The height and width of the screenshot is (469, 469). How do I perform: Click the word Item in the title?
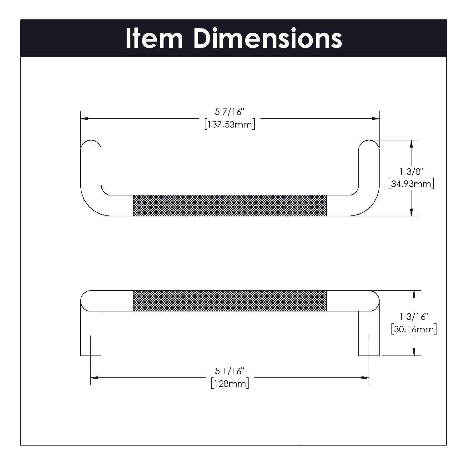click(154, 38)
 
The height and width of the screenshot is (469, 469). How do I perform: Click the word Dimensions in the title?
click(268, 38)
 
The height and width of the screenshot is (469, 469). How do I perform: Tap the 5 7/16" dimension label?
click(229, 112)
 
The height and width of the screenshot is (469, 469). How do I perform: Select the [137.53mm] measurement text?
click(229, 124)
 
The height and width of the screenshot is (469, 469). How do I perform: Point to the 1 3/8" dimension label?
click(411, 171)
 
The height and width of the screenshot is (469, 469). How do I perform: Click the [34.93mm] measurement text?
click(411, 184)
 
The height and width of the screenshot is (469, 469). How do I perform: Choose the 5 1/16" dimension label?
click(229, 371)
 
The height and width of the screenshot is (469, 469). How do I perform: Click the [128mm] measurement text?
click(229, 383)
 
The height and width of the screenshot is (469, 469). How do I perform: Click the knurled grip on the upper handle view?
click(229, 205)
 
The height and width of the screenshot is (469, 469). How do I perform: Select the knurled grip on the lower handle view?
click(229, 301)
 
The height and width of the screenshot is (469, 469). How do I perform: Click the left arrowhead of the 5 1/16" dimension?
click(94, 378)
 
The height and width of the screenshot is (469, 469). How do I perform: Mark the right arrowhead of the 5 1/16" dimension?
click(365, 378)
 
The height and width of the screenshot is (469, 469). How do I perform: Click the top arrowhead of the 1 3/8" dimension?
click(411, 144)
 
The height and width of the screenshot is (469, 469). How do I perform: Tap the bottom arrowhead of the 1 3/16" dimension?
click(414, 352)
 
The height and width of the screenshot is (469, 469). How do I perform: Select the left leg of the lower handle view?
click(91, 333)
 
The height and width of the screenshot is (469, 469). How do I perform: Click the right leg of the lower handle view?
click(369, 333)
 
